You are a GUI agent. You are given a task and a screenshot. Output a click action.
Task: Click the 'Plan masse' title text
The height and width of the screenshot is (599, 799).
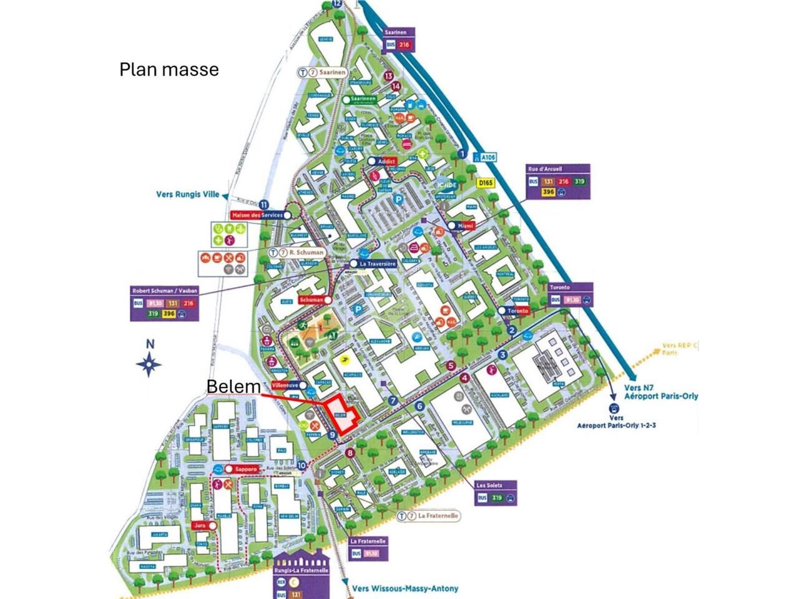click(169, 69)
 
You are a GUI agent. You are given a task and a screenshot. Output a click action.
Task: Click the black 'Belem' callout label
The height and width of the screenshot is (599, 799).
click(233, 387)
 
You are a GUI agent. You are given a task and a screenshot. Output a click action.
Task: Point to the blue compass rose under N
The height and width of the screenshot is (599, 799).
click(150, 364)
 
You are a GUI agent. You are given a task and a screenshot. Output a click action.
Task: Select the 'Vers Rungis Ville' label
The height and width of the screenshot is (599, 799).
click(187, 195)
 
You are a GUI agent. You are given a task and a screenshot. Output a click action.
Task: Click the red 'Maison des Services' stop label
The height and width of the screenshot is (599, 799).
click(256, 215)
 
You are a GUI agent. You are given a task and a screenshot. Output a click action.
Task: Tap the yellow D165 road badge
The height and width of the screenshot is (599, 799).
click(485, 183)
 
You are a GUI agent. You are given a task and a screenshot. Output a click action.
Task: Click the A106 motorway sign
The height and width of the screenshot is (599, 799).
click(484, 158)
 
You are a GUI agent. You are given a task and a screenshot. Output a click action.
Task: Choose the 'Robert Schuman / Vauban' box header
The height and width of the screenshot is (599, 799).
click(165, 291)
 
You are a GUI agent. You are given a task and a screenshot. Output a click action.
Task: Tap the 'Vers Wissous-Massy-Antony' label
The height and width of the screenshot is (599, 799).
click(404, 588)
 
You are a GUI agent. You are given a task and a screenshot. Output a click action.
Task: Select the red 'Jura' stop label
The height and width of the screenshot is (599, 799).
click(200, 526)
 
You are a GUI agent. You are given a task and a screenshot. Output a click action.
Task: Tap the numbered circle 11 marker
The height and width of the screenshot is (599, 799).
click(264, 205)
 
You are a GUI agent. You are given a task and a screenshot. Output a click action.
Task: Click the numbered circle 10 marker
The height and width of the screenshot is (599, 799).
click(302, 465)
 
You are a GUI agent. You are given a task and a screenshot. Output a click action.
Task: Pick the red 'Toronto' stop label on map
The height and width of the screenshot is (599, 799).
click(518, 311)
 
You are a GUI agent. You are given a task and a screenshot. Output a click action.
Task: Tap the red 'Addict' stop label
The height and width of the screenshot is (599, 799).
click(387, 162)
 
